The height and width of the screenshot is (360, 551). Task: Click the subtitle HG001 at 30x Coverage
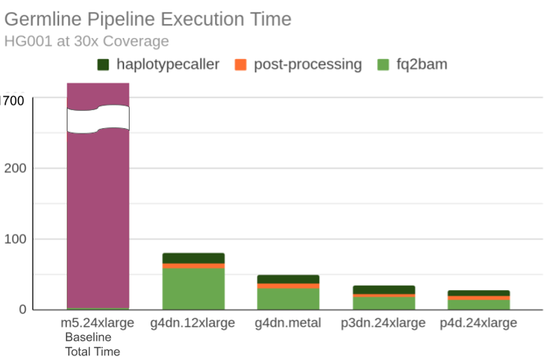[86, 41]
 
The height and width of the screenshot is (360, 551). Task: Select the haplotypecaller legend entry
[160, 64]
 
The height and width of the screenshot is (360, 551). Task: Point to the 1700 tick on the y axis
[13, 100]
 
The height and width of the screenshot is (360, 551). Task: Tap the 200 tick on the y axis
[15, 168]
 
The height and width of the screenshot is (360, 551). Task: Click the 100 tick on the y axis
[15, 239]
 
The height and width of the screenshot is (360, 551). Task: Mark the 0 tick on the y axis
[22, 310]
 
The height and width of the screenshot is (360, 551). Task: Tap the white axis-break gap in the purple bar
[98, 119]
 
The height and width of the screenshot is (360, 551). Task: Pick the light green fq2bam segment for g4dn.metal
[288, 299]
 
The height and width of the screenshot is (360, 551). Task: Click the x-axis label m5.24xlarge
[98, 323]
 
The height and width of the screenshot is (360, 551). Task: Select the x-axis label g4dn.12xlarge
[193, 323]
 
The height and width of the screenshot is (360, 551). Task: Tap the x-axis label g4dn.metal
[288, 323]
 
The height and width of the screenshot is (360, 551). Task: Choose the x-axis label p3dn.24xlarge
[383, 323]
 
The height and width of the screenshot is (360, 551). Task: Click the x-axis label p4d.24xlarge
[478, 323]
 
